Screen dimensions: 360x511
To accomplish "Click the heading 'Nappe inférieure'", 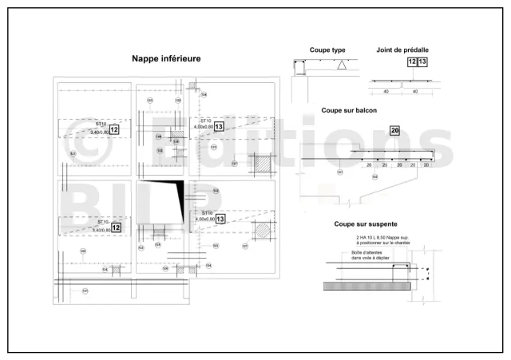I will pos(166,58).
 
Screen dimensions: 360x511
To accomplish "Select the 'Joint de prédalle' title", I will pos(404,49).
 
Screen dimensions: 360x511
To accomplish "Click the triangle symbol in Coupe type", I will pos(342,66).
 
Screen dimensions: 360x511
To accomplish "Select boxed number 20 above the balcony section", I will pos(394,130).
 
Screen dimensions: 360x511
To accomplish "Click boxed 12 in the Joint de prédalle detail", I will pos(412,61).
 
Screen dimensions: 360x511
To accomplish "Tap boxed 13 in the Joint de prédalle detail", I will pos(422,61).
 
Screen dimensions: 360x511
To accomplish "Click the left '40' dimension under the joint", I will pos(385,92).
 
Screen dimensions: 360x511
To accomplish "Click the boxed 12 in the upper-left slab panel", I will pos(114,129).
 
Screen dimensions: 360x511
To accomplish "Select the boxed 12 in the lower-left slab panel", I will pos(117,227).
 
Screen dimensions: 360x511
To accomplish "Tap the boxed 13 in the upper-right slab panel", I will pos(219,125).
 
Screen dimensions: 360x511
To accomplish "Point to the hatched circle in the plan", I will pos(263,231).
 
